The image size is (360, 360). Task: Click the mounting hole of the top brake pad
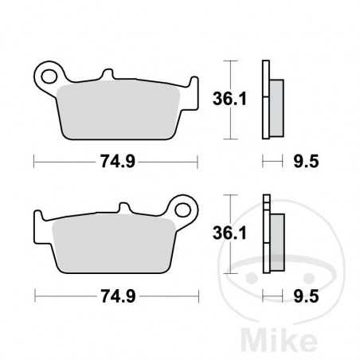[x=52, y=76]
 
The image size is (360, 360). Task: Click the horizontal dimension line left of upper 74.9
[x=64, y=162]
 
